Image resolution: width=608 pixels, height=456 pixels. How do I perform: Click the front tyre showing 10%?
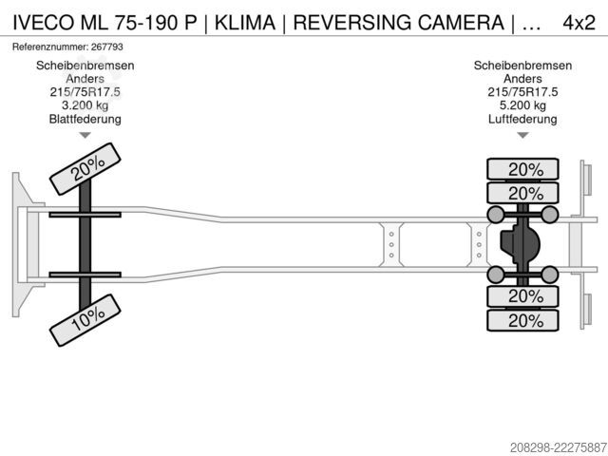point(85,320)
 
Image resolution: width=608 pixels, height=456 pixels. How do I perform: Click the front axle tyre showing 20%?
point(85,169)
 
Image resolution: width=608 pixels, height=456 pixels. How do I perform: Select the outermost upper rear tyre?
point(522,169)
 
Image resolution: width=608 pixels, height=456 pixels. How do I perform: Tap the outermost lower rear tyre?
point(522,320)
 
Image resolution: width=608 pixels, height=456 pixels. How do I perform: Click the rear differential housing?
point(520,244)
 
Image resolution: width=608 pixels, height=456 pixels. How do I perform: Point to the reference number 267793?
point(106,47)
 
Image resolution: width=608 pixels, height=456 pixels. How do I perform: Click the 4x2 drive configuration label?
point(579,23)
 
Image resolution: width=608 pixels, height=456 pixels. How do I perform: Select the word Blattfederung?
point(85,119)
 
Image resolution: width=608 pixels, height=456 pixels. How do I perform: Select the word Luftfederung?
point(522,119)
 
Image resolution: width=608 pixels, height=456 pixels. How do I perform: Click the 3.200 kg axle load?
point(85,105)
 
